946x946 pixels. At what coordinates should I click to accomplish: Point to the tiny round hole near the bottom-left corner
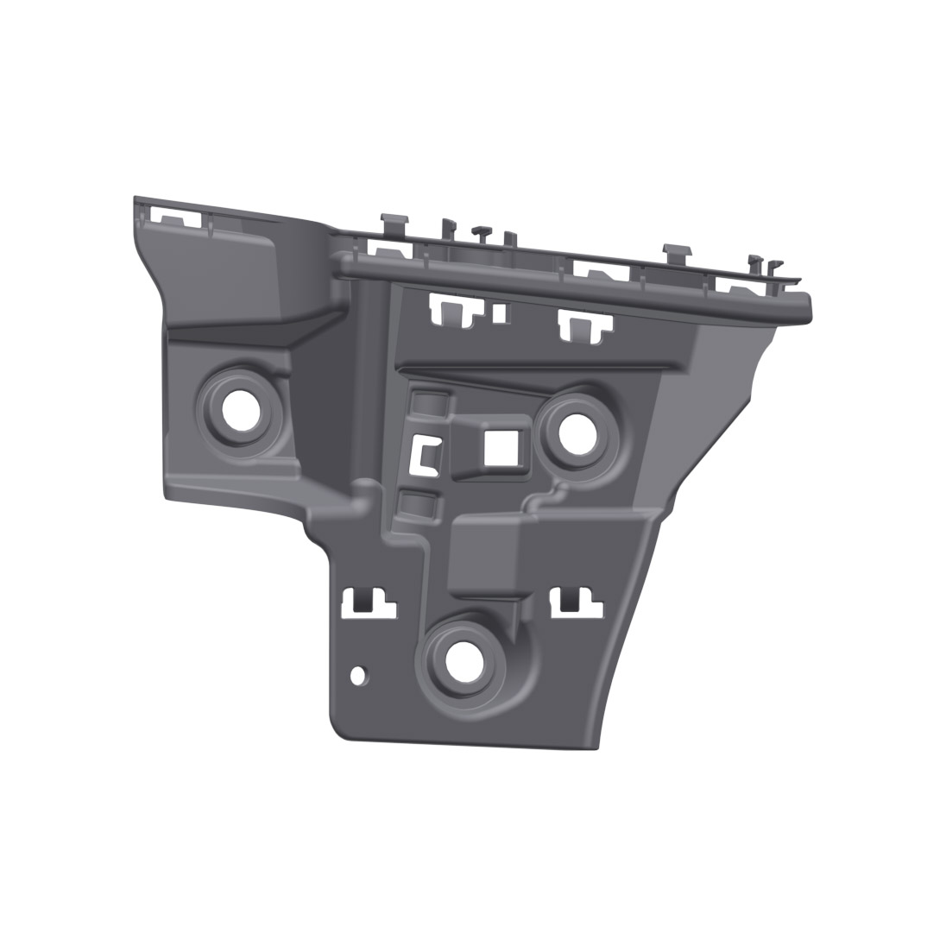coord(358,675)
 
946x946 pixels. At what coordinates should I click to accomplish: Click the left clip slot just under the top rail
coord(454,308)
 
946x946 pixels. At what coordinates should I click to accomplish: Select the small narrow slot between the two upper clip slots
coord(498,312)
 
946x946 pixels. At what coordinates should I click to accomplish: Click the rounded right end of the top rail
coord(804,306)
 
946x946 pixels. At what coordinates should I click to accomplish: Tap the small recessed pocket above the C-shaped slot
coord(428,402)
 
